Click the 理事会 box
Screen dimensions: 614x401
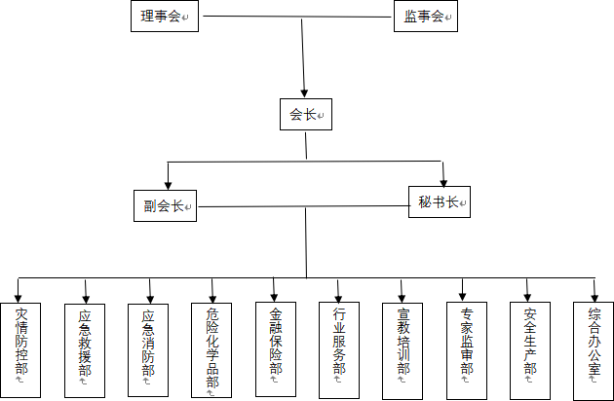click(x=165, y=16)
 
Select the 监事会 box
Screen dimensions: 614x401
click(x=426, y=16)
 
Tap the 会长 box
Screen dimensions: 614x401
click(x=306, y=114)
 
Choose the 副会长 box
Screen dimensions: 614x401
click(x=165, y=205)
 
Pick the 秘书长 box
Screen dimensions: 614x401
click(x=440, y=201)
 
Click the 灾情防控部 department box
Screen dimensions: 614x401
click(x=20, y=350)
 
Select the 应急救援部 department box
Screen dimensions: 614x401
click(x=85, y=350)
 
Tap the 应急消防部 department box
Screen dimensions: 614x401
click(x=148, y=350)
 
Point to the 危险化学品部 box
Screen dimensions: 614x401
click(x=211, y=350)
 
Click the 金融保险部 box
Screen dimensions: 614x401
click(x=276, y=349)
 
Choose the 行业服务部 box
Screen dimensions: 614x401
click(x=339, y=350)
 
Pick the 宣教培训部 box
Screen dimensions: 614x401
click(x=403, y=351)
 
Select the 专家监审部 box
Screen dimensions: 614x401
click(x=467, y=350)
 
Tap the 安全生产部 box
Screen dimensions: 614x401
click(x=530, y=350)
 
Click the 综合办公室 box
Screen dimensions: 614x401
click(x=594, y=351)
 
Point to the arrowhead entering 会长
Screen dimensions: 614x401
click(x=304, y=93)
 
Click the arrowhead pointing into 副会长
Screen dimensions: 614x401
click(x=169, y=185)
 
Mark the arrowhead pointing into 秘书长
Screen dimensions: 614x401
click(x=443, y=182)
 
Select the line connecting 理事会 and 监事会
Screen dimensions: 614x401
click(x=297, y=17)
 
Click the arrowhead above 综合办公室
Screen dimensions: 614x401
click(x=595, y=297)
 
